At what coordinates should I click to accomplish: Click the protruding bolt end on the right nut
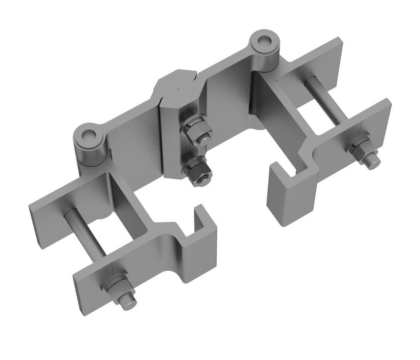[372, 160]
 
